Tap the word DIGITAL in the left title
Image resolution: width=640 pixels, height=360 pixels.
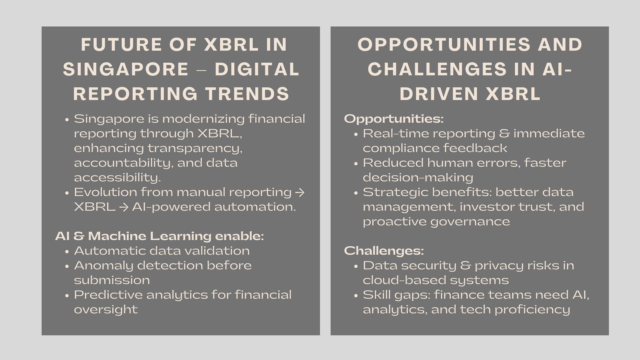click(257, 69)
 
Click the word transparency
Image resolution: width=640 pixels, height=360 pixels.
click(195, 148)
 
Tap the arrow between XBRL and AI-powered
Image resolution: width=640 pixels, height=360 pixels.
click(124, 207)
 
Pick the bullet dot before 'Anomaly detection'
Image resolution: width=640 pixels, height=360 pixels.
click(67, 266)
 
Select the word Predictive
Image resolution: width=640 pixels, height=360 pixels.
click(108, 295)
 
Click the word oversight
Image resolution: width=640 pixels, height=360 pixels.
click(106, 310)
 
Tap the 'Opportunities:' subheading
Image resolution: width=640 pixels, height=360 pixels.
click(394, 119)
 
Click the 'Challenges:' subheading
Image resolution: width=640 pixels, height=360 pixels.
click(384, 251)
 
